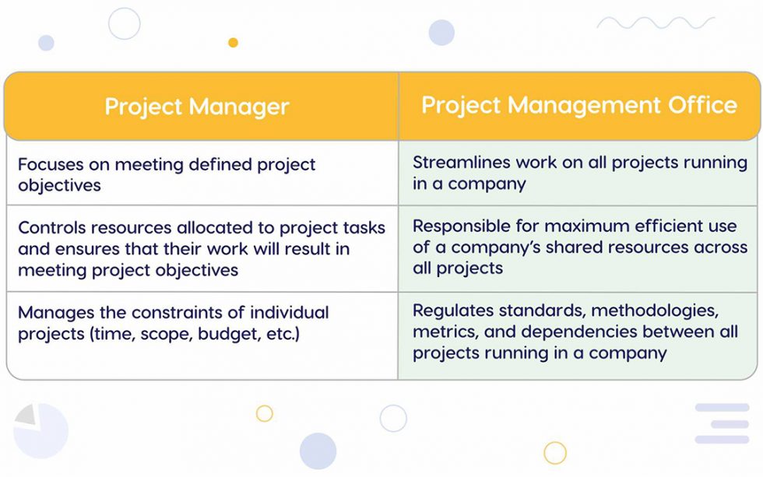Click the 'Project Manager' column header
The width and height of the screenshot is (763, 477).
point(197,107)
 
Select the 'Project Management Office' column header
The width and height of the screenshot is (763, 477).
point(579,105)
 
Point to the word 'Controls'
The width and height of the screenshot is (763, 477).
point(51,228)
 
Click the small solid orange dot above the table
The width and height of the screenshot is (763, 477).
point(233,43)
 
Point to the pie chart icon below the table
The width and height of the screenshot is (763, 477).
point(39,429)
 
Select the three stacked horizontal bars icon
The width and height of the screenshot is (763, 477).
point(722,423)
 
